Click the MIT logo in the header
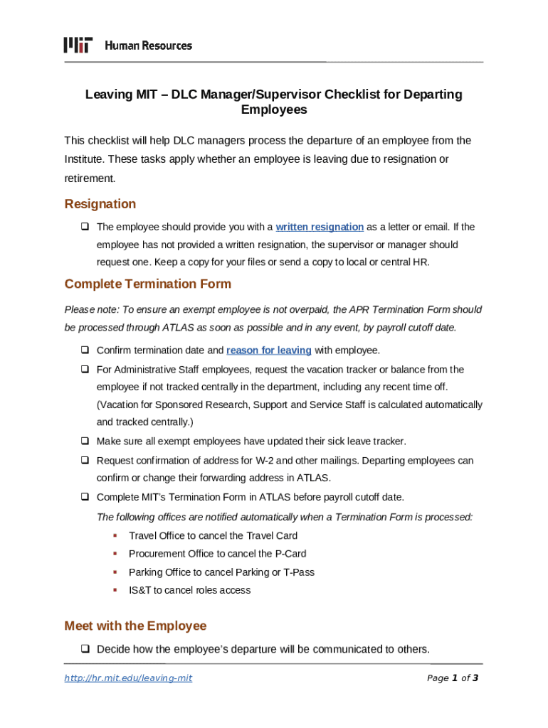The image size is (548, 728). (78, 45)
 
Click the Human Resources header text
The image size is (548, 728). (149, 45)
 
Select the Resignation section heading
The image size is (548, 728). (100, 204)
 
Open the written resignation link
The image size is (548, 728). (320, 227)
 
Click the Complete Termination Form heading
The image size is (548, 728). (147, 284)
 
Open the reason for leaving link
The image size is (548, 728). (269, 350)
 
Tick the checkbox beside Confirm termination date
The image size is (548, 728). (84, 350)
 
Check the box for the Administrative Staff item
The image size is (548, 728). (84, 370)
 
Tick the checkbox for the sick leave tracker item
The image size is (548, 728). (84, 441)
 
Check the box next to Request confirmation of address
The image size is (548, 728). (84, 461)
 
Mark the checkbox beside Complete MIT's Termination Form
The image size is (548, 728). (84, 497)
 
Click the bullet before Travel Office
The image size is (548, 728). (114, 535)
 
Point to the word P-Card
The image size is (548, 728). (290, 554)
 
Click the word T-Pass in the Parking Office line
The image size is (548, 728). (298, 572)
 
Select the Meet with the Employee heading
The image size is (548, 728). (135, 626)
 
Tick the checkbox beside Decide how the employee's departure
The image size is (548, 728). (84, 649)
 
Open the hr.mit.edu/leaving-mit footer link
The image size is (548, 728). (128, 678)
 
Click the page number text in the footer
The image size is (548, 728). (452, 678)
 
